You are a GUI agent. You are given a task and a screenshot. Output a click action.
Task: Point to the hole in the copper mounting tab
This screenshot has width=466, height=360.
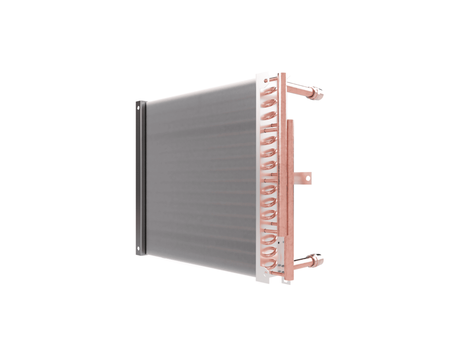[307, 178]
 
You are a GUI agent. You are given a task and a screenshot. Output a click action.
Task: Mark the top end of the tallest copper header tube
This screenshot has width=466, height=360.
[282, 74]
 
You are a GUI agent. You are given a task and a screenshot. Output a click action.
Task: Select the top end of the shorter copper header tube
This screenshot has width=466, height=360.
[290, 121]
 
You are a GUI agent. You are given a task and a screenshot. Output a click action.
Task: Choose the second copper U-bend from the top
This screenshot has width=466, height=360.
[269, 104]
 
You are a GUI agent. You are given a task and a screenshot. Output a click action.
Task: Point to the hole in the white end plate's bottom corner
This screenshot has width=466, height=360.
[264, 275]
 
